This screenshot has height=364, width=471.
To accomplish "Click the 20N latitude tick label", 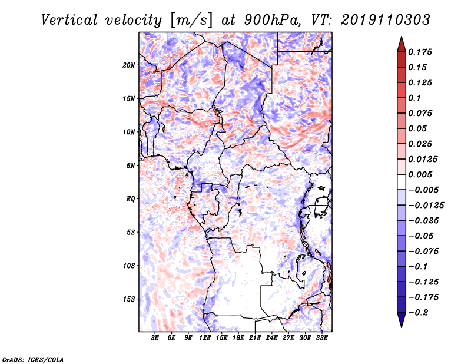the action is point(128,65).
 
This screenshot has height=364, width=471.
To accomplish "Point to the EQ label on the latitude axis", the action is point(130,199).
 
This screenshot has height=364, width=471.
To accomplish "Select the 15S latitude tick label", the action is point(128,299).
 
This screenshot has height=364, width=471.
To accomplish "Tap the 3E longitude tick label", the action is point(155,338).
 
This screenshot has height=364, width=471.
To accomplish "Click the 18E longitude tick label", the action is point(238,338).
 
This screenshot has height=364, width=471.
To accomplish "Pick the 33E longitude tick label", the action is point(321,338).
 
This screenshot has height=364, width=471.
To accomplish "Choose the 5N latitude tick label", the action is point(130,166).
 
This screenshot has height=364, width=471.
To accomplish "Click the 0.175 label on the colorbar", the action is point(420,52).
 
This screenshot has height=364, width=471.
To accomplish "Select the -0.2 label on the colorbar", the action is point(418,313).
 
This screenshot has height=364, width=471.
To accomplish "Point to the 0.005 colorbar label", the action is point(420,174).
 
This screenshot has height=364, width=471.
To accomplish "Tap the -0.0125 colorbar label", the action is point(426,206).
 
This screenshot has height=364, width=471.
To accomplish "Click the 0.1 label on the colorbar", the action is point(414,98).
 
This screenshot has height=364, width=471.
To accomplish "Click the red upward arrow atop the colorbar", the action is point(402,45).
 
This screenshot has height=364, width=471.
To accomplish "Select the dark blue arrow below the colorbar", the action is point(402,319).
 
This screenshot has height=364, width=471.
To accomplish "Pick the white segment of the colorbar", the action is point(402,182).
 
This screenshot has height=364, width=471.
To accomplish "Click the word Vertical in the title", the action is point(69,20).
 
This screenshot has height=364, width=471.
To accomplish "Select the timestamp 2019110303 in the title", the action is point(386,20).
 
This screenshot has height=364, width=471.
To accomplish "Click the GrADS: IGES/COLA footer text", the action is point(33,359).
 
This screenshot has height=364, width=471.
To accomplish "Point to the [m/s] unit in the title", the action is point(191,21).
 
